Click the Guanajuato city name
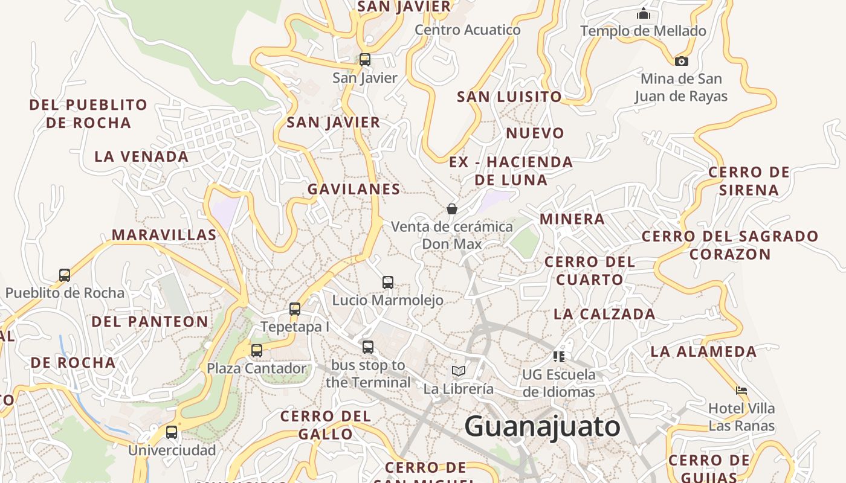(x=542, y=427)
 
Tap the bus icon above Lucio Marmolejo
(x=388, y=282)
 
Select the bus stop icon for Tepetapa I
(x=295, y=309)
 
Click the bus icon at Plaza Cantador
(x=257, y=350)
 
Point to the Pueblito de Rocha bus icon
(x=65, y=275)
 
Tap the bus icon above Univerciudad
(x=172, y=432)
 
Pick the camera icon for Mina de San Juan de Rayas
(x=681, y=61)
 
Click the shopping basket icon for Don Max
(x=451, y=209)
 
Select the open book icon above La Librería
(x=459, y=371)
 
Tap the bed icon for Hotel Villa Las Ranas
(x=741, y=391)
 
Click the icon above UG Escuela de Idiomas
(x=559, y=356)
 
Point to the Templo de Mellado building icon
(x=644, y=13)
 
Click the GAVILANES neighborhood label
(x=354, y=189)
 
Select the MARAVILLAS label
(x=164, y=235)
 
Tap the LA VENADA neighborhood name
(x=141, y=156)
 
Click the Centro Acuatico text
(x=468, y=30)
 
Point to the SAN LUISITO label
(x=509, y=97)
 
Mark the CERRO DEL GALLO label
(x=326, y=424)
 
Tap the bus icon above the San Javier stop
(x=365, y=60)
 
